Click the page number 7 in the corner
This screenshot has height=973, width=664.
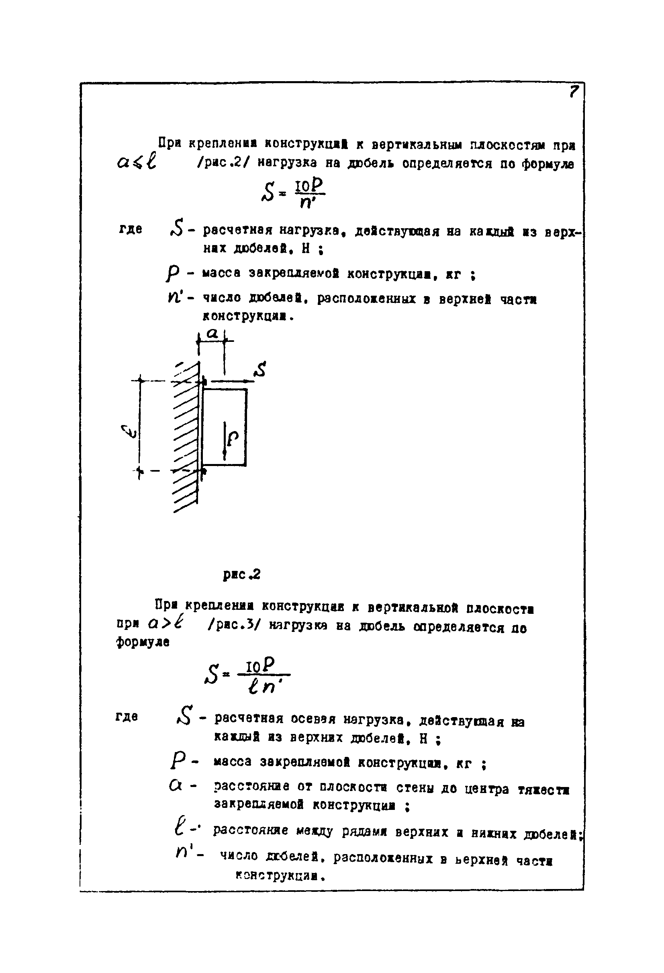pyautogui.click(x=574, y=91)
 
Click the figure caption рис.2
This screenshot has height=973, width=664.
pyautogui.click(x=241, y=574)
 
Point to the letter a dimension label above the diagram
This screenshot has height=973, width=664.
pyautogui.click(x=212, y=334)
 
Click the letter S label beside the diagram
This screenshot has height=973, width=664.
pyautogui.click(x=260, y=370)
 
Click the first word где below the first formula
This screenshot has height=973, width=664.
pyautogui.click(x=131, y=229)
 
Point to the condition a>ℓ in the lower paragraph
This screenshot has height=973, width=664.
pyautogui.click(x=166, y=624)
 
